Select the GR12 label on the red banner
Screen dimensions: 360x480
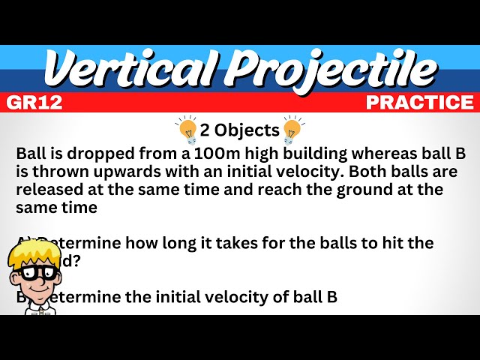(34, 103)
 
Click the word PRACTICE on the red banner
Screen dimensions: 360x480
(420, 103)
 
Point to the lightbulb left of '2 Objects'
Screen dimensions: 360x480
(187, 129)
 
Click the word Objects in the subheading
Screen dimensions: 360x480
(247, 130)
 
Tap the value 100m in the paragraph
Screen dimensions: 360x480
(217, 154)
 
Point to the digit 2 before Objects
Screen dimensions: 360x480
(207, 130)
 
